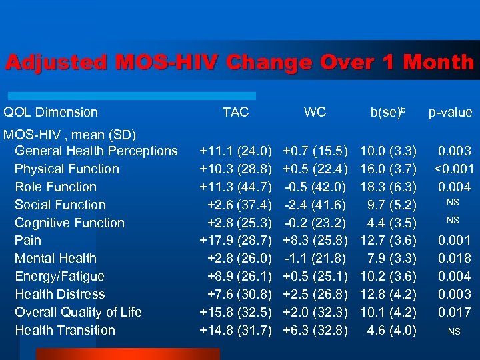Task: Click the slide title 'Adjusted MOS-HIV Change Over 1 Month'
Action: point(239,63)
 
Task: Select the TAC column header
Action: point(235,113)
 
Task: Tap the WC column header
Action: point(315,113)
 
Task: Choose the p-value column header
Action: point(450,113)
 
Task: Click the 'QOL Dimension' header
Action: point(51,113)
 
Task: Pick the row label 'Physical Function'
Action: point(67,169)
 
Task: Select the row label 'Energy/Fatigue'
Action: point(59,276)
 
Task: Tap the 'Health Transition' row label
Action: point(65,330)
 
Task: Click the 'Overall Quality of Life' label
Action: point(78,312)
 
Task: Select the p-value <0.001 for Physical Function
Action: point(453,169)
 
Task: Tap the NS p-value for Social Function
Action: point(453,202)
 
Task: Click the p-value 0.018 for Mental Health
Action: point(454,259)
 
